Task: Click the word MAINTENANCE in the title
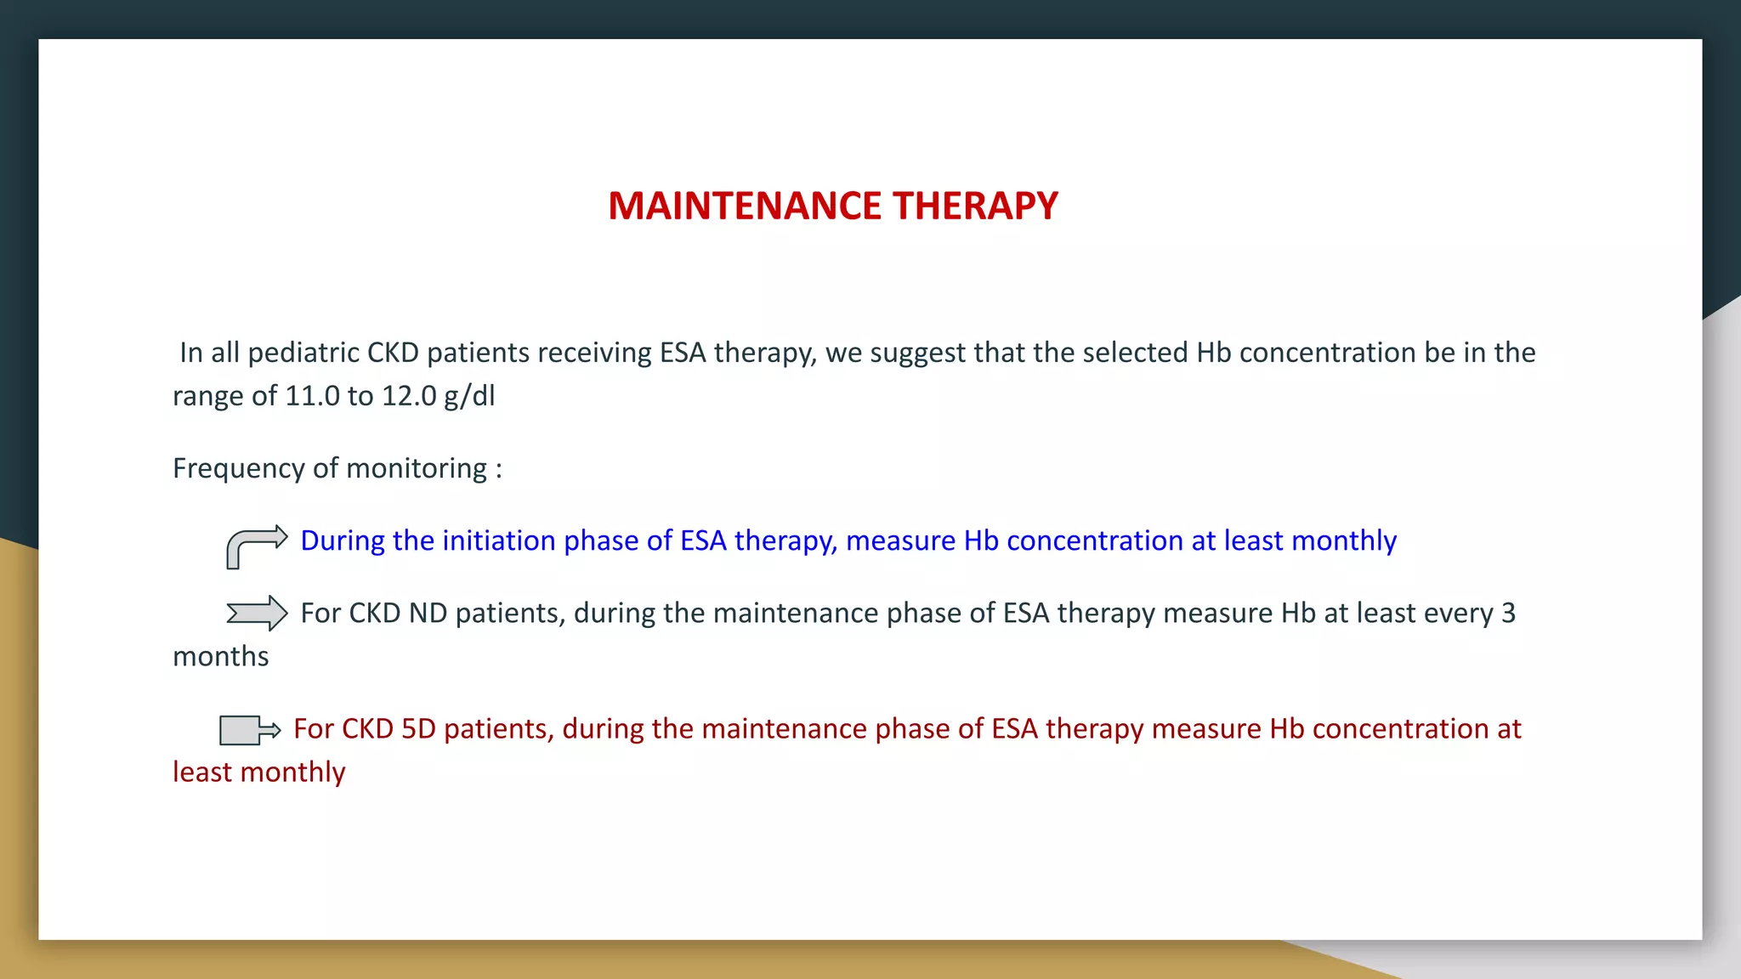745,207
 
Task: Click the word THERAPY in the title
975,207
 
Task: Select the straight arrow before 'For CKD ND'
257,613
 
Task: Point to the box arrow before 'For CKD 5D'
249,730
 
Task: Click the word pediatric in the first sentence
303,353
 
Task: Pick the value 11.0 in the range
312,396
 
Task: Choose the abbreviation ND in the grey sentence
428,614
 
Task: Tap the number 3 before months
1508,614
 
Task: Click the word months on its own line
220,657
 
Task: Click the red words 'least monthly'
258,772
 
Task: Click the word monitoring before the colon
416,469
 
